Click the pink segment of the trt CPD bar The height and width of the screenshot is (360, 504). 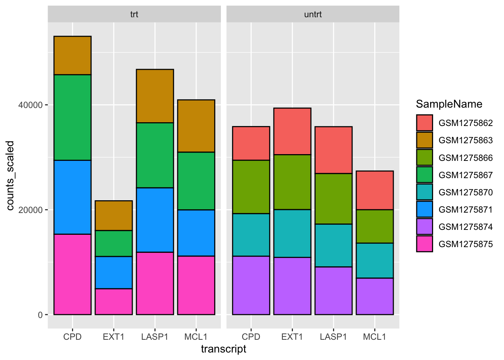tap(72, 274)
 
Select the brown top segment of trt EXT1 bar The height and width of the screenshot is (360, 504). tap(114, 216)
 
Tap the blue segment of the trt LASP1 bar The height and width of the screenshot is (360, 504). tap(155, 220)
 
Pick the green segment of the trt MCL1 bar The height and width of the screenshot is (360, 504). tap(196, 181)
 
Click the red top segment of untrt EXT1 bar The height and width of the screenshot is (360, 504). tap(292, 131)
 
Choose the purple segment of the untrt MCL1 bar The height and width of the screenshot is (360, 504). tap(375, 296)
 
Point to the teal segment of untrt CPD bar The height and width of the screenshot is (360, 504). tap(251, 235)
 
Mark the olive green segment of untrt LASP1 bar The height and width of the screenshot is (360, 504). tap(333, 199)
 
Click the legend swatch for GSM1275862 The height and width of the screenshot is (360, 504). tap(424, 123)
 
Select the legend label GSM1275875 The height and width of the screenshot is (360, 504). tap(465, 244)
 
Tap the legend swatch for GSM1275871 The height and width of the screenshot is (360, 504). tap(424, 209)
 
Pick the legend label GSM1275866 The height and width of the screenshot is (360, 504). tap(465, 158)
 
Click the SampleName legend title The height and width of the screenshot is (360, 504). tap(449, 104)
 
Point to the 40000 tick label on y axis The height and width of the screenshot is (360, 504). tap(30, 105)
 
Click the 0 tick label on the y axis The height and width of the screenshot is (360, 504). tap(40, 315)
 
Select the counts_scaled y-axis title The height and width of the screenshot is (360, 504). tap(10, 175)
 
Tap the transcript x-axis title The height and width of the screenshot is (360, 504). tap(223, 349)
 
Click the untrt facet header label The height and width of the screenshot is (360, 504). tap(313, 15)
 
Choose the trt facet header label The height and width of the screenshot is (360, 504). tap(134, 15)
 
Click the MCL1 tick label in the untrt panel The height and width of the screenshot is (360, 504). tap(375, 337)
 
